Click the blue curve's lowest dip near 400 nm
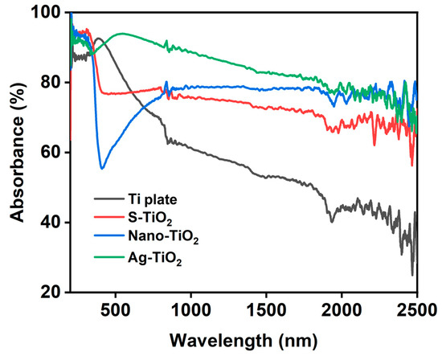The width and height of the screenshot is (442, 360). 102,168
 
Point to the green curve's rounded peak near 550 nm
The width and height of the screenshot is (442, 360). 121,34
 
